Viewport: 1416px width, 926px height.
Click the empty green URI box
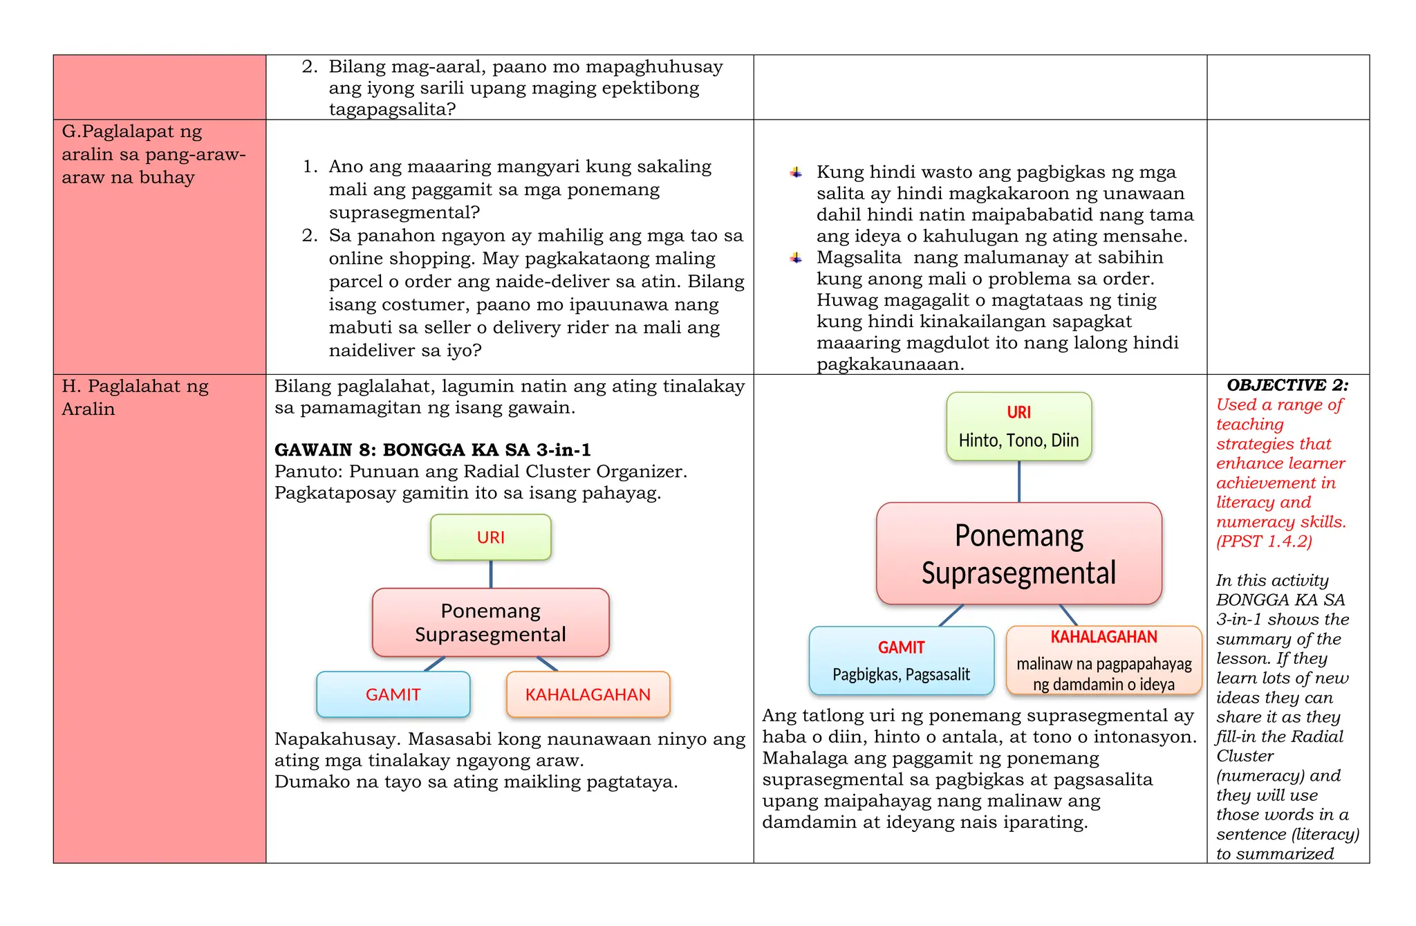[490, 537]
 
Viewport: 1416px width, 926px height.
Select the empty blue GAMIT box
[393, 694]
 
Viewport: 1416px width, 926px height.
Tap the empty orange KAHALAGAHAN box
[588, 694]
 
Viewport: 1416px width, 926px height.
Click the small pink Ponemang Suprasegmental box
[490, 622]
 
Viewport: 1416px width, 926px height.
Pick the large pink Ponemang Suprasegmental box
[1018, 554]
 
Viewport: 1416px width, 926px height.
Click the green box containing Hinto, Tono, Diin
[1018, 427]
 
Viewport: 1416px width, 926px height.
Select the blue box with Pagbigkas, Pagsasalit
[901, 660]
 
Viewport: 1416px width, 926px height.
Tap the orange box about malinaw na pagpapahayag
[1103, 660]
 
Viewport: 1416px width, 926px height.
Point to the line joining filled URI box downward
[1019, 481]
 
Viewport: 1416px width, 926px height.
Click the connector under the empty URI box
[491, 574]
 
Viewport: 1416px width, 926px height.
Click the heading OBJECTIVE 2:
[1287, 385]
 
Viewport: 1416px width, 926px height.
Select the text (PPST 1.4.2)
[1264, 541]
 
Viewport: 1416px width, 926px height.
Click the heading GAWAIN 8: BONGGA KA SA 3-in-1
[433, 450]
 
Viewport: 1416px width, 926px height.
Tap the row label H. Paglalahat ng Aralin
[135, 397]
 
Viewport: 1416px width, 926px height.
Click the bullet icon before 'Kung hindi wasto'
[796, 172]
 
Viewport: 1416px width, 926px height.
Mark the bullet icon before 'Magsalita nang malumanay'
[796, 258]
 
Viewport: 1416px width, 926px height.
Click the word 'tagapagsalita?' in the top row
[392, 109]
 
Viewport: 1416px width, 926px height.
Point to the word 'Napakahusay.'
[337, 739]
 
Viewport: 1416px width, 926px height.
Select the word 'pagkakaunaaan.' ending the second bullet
[890, 364]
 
